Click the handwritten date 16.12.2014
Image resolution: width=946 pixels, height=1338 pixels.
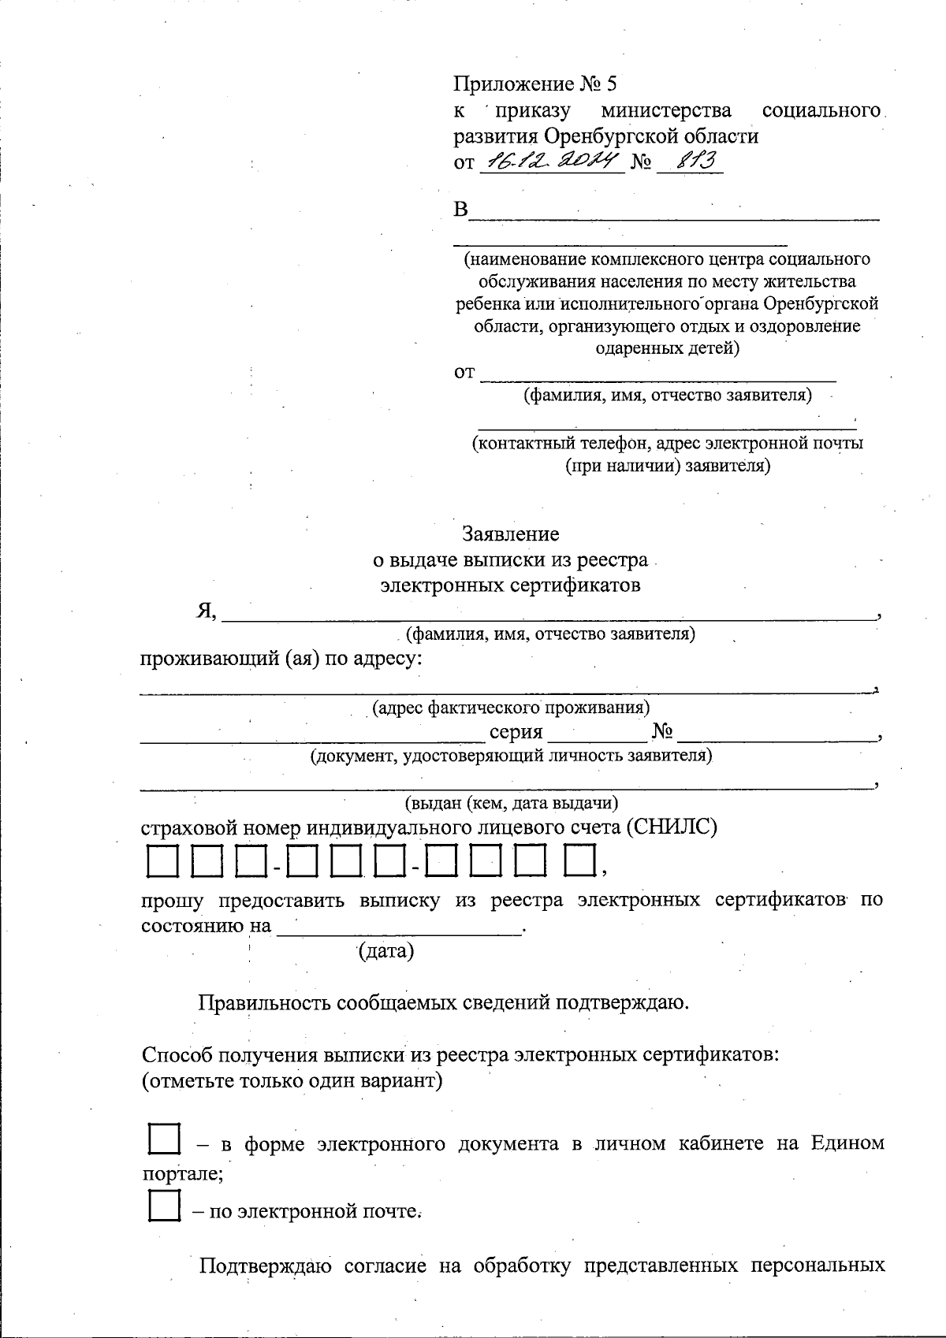click(x=551, y=162)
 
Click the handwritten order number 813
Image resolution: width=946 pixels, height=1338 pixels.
click(x=689, y=162)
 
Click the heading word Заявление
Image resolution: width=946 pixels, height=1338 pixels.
click(x=510, y=534)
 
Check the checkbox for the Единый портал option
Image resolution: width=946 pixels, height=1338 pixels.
click(x=165, y=1140)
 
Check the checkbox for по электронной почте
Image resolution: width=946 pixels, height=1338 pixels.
click(x=165, y=1206)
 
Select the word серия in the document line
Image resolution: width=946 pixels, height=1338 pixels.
click(x=516, y=732)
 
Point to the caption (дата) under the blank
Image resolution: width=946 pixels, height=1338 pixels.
click(x=385, y=952)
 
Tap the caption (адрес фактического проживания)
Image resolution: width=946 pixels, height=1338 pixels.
click(x=511, y=708)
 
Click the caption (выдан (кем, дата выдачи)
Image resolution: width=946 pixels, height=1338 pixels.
click(x=511, y=804)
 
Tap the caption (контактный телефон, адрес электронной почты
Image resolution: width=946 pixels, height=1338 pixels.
click(x=667, y=443)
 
